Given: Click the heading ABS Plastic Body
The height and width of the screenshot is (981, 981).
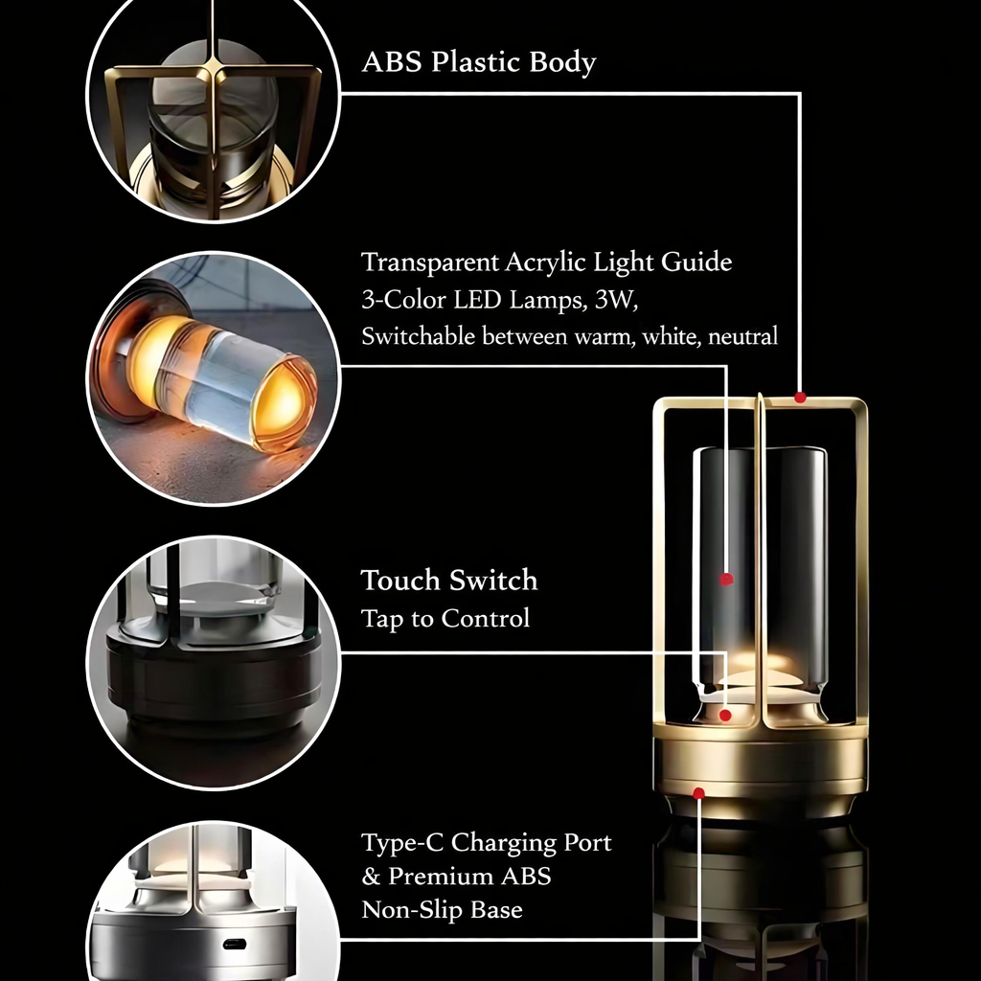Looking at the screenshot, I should click(478, 62).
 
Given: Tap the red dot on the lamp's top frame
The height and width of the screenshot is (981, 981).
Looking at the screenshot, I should click(800, 397).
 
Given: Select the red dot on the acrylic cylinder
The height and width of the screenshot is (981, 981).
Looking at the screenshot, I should click(726, 579).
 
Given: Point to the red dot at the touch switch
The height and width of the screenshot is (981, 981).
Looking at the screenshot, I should click(726, 715).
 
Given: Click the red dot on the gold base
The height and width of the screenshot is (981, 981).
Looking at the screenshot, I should click(698, 793).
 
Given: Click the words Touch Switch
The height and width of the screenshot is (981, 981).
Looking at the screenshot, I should click(448, 581).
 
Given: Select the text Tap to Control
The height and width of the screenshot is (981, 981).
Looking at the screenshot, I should click(445, 619).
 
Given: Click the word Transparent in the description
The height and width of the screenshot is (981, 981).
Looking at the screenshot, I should click(430, 262).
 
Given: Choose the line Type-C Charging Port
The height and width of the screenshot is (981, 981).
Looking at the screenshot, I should click(486, 843).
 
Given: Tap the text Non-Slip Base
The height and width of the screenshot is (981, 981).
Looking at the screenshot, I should click(442, 909).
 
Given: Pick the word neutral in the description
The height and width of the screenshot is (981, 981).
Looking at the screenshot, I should click(744, 336).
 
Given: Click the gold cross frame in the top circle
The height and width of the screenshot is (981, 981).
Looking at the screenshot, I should click(214, 96).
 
